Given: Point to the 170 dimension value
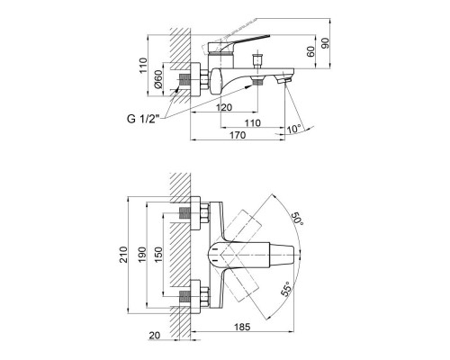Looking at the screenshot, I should coord(237,136).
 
